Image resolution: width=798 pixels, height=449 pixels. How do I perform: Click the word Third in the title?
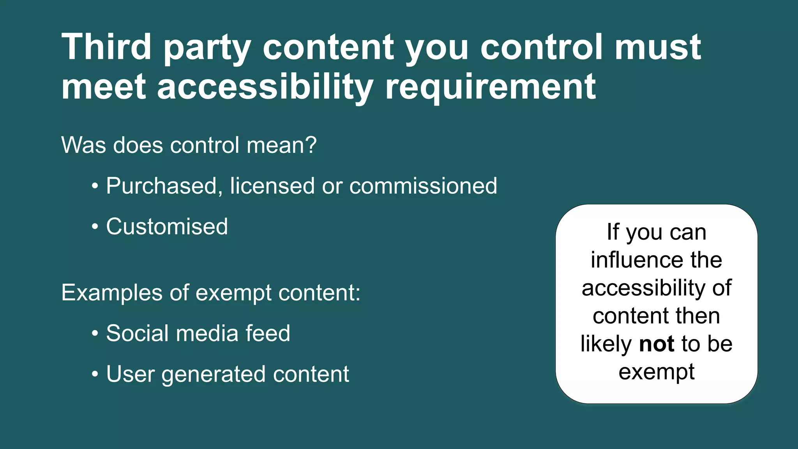pos(106,47)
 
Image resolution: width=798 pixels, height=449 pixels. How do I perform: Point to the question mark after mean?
pos(311,145)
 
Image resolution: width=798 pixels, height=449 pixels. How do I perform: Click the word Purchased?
pos(161,186)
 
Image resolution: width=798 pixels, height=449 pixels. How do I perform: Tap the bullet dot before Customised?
pos(95,227)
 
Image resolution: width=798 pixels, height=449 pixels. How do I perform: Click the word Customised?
pos(167,226)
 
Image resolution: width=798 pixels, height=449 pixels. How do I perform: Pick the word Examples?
pos(112,292)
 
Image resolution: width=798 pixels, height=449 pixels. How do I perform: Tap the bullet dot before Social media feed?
pos(95,334)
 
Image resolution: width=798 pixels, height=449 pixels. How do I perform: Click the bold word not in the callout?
pos(657,344)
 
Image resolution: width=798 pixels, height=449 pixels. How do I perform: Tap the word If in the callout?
pos(613,232)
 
